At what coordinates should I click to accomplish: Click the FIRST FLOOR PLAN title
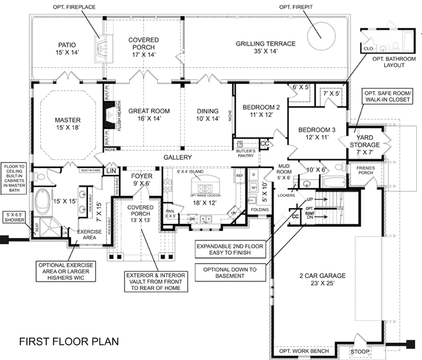[69, 340]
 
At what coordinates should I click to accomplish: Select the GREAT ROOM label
[150, 111]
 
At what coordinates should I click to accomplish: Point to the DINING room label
[207, 111]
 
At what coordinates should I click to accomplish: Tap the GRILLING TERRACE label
[265, 44]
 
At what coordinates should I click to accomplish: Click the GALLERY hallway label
[177, 158]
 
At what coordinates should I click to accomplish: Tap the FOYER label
[141, 175]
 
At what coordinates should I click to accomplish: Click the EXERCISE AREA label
[81, 234]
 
